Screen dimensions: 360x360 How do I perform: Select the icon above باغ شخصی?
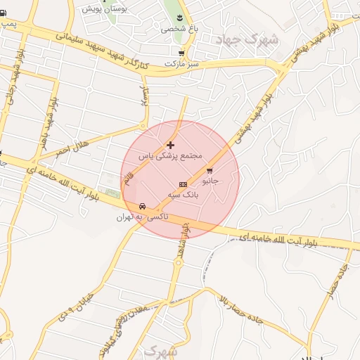point(179,17)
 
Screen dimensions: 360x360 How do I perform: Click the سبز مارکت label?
point(180,64)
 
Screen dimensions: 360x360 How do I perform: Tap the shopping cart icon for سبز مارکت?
point(181,53)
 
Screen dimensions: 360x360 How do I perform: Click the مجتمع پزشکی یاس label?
point(170,155)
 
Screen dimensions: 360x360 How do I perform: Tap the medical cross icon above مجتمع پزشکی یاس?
point(170,144)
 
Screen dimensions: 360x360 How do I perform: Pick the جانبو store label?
point(210,181)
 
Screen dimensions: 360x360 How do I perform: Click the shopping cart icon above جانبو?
point(210,170)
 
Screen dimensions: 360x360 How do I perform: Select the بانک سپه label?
point(183,195)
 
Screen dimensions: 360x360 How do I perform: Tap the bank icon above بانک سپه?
point(183,184)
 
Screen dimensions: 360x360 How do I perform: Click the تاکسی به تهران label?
point(139,218)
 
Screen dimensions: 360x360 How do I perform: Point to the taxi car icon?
point(143,207)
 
